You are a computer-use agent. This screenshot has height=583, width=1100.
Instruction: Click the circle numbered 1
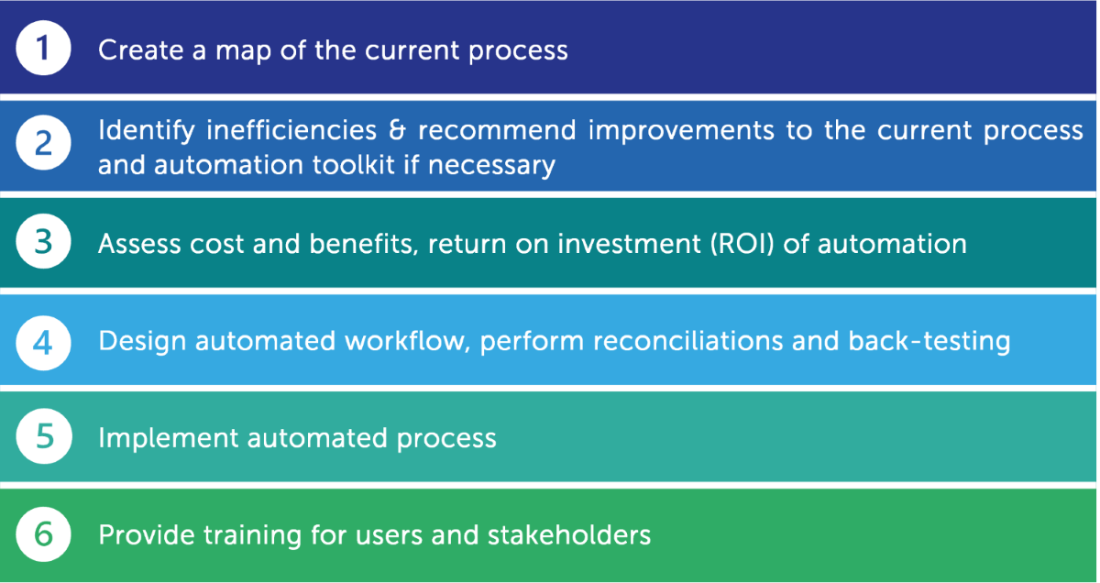point(43,48)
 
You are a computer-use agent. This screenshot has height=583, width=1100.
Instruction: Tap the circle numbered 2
point(43,142)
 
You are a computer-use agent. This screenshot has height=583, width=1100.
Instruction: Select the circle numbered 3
point(43,241)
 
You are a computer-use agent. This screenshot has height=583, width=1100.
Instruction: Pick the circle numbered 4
point(43,343)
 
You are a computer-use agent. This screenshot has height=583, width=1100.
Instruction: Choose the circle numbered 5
point(44,436)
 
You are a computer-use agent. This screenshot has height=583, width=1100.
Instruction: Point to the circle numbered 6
point(43,534)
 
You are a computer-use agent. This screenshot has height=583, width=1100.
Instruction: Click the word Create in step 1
point(140,50)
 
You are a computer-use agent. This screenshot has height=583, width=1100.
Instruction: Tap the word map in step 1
point(243,52)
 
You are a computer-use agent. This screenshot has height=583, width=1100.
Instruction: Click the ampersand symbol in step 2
point(397,131)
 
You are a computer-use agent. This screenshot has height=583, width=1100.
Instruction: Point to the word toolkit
point(354,164)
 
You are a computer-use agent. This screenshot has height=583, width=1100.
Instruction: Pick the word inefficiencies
point(291,130)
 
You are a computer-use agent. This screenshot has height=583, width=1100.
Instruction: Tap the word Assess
point(139,244)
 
